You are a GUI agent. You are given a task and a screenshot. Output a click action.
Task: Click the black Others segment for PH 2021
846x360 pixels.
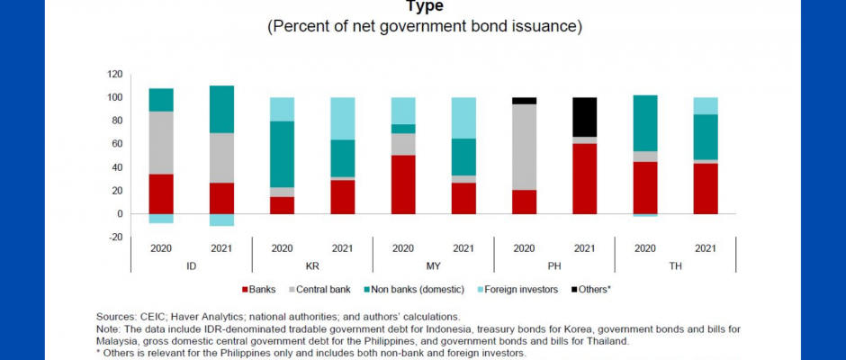click(x=584, y=117)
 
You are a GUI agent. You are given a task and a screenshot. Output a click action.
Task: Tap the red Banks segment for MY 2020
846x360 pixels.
click(x=403, y=184)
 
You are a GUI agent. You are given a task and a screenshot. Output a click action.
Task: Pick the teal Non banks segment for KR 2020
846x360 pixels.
click(x=282, y=154)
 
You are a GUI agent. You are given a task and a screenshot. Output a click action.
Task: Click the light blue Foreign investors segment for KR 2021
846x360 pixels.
click(x=342, y=118)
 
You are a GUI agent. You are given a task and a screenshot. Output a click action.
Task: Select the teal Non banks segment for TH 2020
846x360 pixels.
click(x=644, y=122)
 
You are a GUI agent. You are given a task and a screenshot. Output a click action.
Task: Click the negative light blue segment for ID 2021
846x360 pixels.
click(x=221, y=220)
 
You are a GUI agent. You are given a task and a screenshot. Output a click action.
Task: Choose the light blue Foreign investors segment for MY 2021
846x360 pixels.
click(x=463, y=117)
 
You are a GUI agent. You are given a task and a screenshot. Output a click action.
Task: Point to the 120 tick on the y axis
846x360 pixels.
click(x=114, y=74)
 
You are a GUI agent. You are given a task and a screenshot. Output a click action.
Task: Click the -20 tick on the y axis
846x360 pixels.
click(x=114, y=237)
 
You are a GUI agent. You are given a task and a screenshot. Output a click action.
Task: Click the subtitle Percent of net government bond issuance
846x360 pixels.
click(x=424, y=26)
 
